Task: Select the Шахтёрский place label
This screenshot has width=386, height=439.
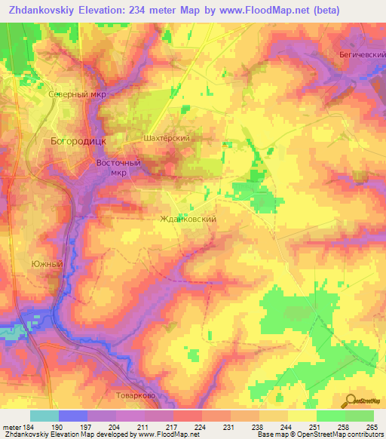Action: click(x=166, y=139)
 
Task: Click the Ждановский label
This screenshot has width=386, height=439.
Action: click(x=189, y=219)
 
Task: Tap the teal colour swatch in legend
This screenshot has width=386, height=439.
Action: click(x=44, y=416)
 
